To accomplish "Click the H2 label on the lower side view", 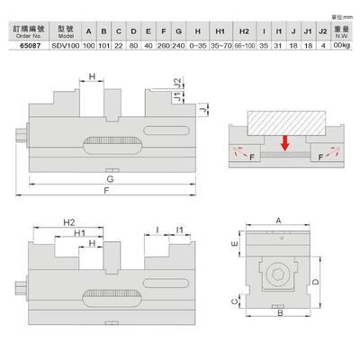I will (x=68, y=220).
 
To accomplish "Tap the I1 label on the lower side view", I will (x=180, y=232).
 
